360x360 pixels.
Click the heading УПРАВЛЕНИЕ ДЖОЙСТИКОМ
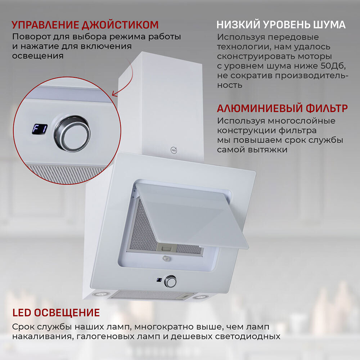(85, 25)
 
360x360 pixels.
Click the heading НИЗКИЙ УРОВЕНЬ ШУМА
(281, 25)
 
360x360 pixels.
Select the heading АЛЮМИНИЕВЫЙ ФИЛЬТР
(282, 108)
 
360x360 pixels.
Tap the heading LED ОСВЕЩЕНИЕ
(56, 312)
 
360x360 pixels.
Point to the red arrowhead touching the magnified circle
(114, 94)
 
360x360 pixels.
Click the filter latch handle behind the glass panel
(166, 248)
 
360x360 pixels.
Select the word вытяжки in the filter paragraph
(267, 149)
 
